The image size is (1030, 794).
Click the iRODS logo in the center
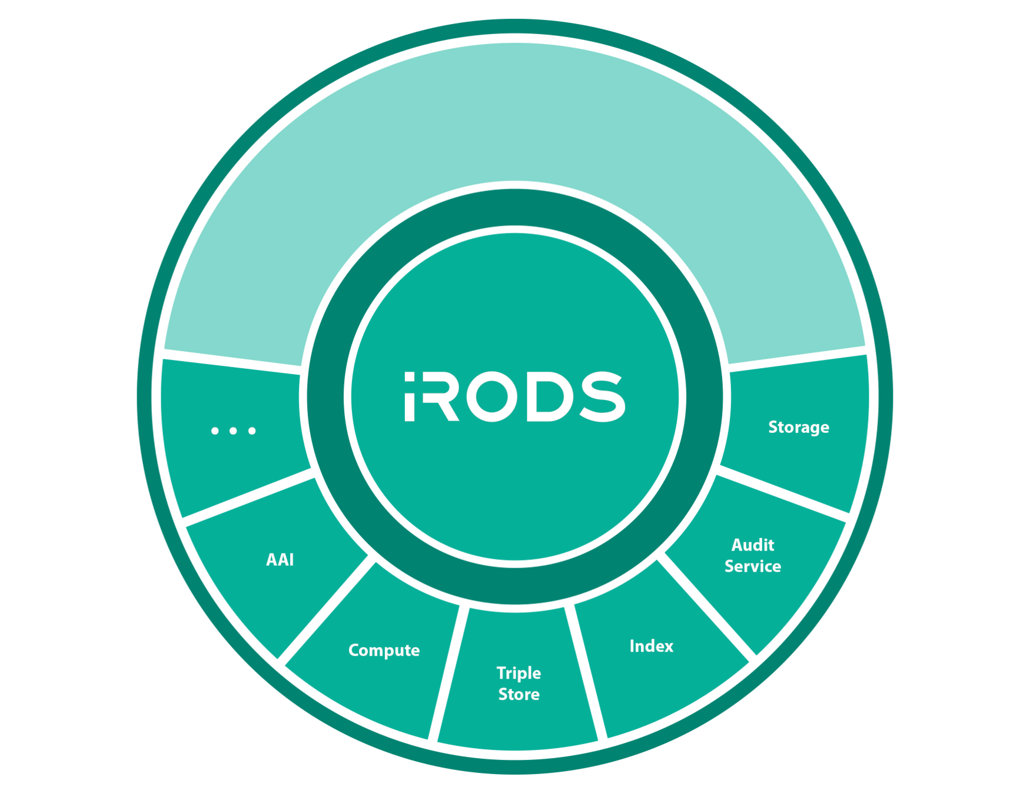pos(514,396)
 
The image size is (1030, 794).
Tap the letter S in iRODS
pos(602,396)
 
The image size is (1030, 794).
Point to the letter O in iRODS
pos(491,396)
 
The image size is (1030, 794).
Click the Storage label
pos(798,428)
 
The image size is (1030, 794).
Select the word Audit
pos(752,545)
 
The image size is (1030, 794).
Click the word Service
pos(752,566)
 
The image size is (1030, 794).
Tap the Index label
pos(651,646)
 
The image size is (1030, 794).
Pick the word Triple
pos(518,673)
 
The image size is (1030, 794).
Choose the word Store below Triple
pos(519,695)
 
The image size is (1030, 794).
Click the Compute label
pos(384,650)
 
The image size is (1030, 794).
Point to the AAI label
pos(280,560)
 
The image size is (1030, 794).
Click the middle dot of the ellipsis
pos(233,431)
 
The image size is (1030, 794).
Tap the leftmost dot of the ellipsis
pos(215,431)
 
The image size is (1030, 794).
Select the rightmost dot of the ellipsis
pos(252,431)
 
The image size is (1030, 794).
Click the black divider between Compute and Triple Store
pos(447,673)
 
